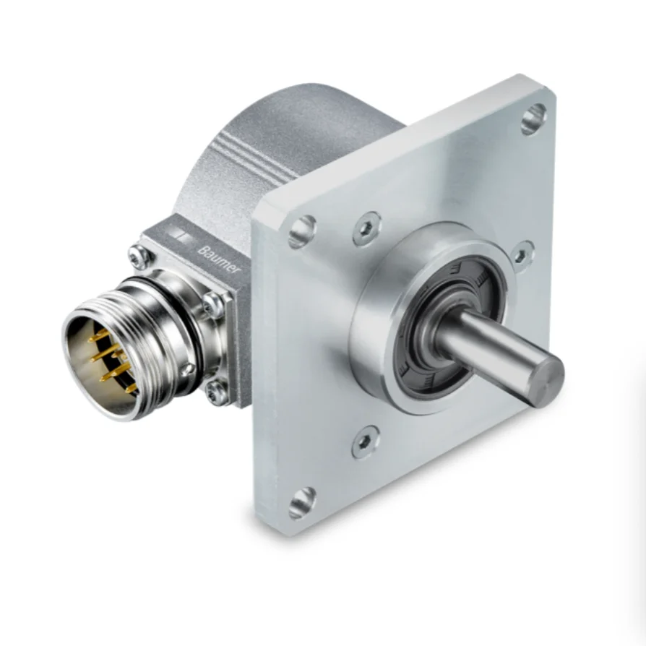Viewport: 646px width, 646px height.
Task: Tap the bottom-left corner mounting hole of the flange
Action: click(302, 501)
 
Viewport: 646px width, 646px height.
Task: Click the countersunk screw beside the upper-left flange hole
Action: click(367, 228)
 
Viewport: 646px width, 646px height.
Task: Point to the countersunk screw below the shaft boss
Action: click(366, 441)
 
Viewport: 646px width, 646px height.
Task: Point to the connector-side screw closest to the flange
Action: click(215, 304)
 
